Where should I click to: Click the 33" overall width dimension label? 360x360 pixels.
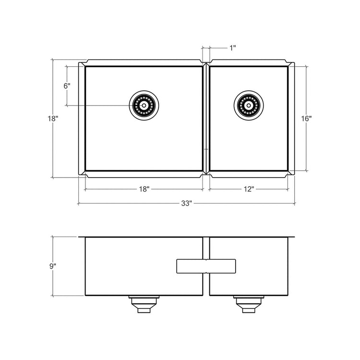click(x=186, y=203)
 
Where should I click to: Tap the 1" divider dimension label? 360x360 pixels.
click(x=233, y=48)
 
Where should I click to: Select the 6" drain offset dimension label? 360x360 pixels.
click(x=67, y=86)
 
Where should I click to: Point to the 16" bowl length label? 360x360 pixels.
click(x=306, y=119)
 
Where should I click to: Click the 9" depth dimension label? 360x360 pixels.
click(x=53, y=266)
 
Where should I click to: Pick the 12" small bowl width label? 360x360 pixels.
click(x=249, y=189)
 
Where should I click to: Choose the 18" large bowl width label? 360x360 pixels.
click(x=144, y=189)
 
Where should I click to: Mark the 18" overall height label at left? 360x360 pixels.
click(x=53, y=119)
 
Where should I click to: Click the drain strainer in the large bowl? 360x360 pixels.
click(x=144, y=106)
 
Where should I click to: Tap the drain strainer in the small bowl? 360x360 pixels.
click(x=249, y=106)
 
